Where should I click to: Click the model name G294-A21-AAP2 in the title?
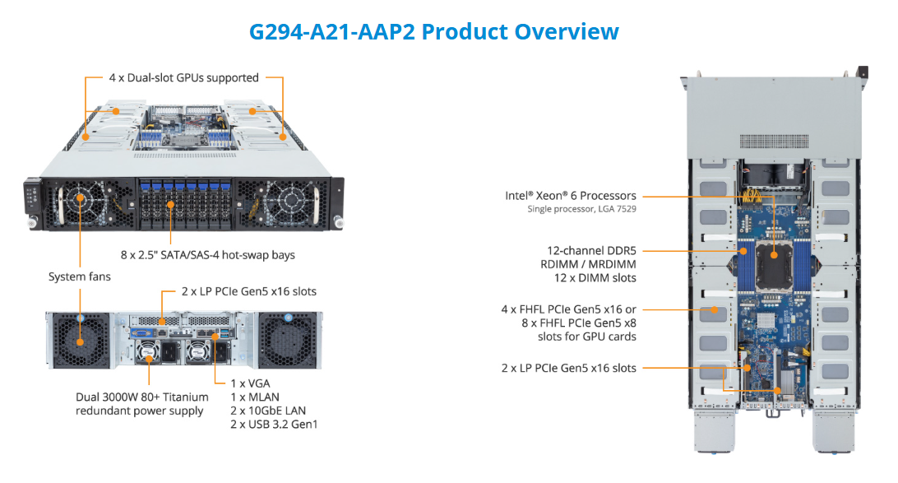[x=333, y=32]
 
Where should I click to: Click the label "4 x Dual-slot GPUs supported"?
[x=184, y=78]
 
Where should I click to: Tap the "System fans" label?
[x=79, y=277]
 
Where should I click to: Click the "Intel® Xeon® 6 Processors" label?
[x=571, y=196]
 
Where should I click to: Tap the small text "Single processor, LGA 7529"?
[x=581, y=210]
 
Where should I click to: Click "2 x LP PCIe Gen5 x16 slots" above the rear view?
[x=248, y=291]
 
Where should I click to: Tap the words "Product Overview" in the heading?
[x=520, y=32]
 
